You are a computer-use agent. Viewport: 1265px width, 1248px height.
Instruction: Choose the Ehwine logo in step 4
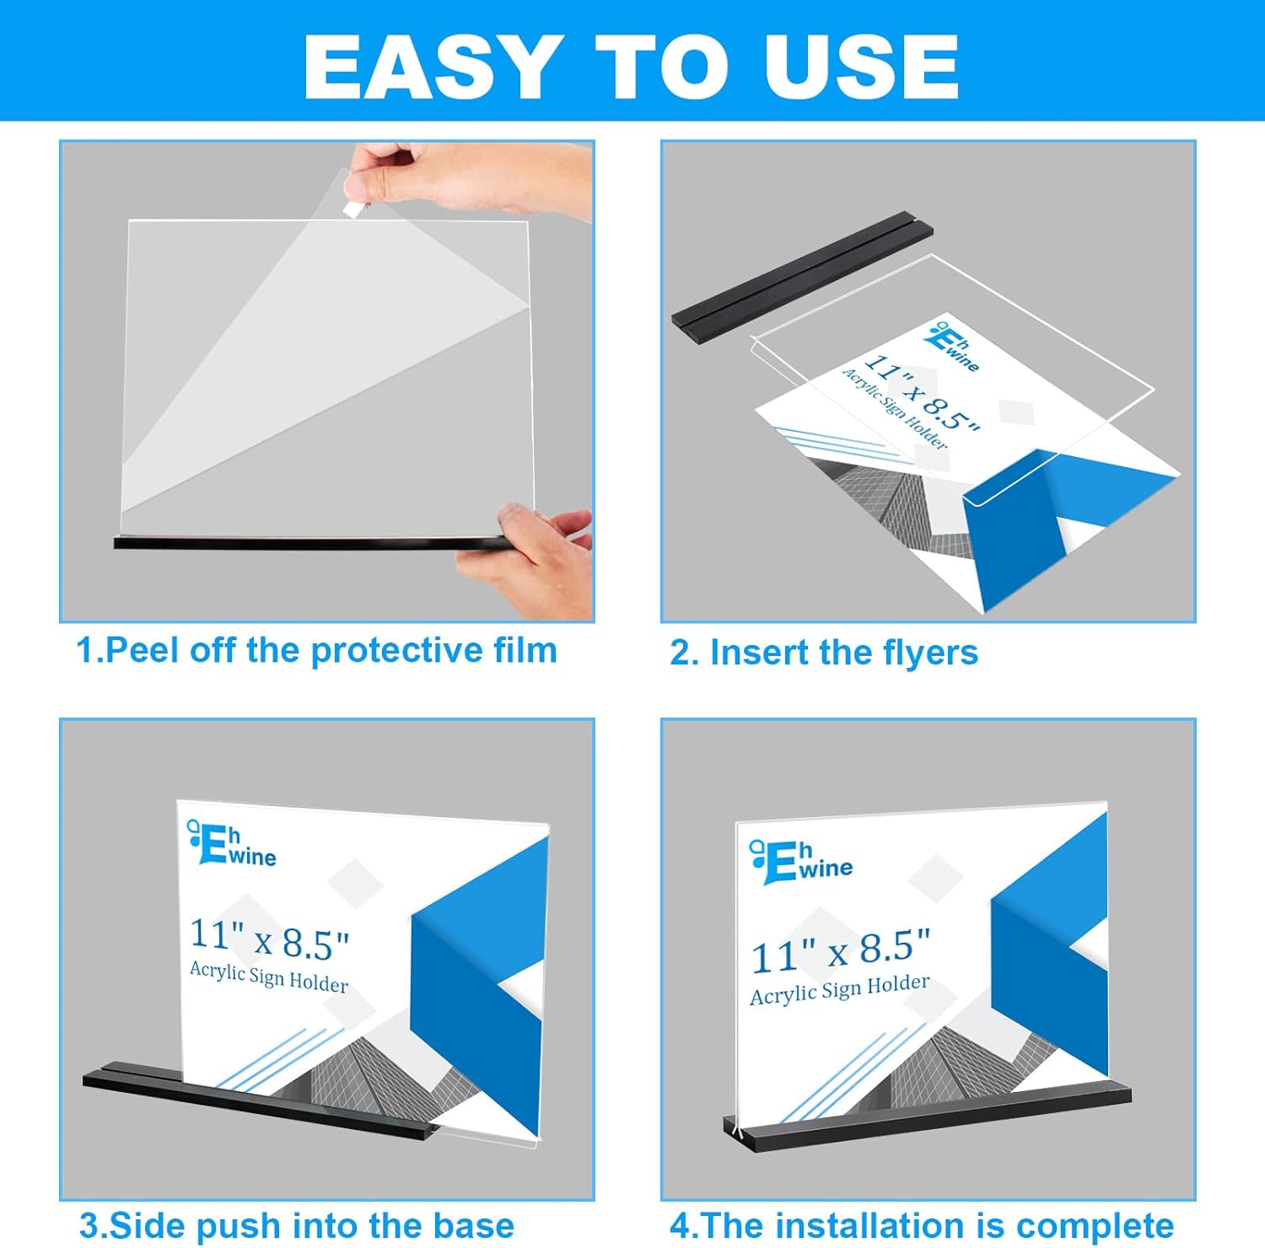pos(801,863)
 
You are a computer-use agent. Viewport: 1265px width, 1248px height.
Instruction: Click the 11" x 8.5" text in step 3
pos(269,939)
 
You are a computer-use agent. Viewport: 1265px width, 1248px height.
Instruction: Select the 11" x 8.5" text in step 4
pos(840,951)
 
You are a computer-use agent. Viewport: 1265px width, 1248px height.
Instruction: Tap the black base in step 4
pos(928,1115)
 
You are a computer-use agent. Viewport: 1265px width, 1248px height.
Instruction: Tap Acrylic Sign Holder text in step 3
pos(269,976)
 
